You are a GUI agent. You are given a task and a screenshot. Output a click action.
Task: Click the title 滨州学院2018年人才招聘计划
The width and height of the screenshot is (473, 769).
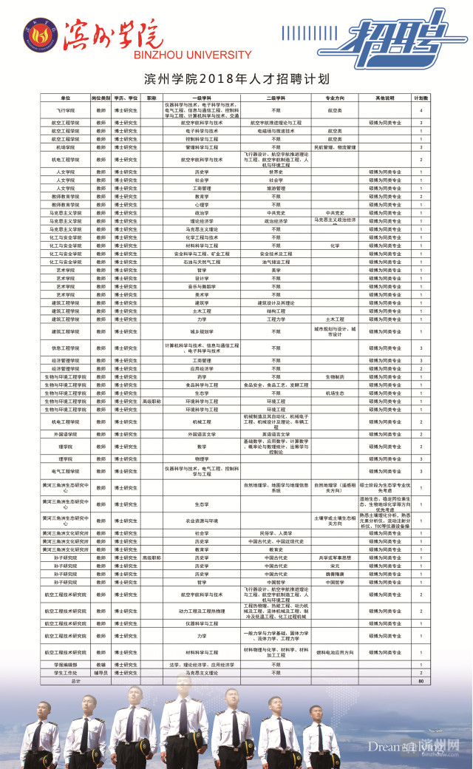[x=236, y=78]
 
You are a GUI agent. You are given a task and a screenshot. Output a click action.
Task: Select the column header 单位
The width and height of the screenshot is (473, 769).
[x=65, y=98]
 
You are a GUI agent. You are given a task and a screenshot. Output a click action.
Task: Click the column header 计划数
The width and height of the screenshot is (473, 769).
[x=421, y=98]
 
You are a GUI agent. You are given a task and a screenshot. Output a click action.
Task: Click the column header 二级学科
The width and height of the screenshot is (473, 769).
[x=276, y=98]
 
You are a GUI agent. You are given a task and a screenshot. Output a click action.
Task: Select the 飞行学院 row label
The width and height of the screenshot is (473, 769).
[x=65, y=109]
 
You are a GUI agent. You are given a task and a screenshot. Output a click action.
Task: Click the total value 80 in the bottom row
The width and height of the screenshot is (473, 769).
[x=421, y=680]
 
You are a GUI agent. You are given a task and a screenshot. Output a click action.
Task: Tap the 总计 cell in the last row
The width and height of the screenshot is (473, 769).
[x=65, y=680]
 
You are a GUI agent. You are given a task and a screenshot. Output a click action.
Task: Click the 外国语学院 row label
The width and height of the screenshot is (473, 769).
[x=65, y=434]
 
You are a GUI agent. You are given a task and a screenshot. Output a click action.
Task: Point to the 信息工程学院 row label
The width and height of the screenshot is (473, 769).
[x=65, y=348]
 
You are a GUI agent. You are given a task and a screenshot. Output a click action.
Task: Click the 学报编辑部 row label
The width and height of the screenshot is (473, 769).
[x=65, y=665]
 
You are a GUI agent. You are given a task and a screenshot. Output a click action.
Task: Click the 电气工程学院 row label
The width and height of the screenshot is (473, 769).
[x=65, y=470]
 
